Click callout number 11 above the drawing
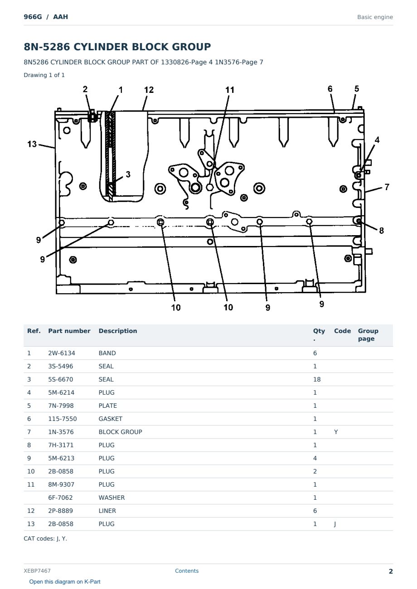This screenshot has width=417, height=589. pyautogui.click(x=230, y=90)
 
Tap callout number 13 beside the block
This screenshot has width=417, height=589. pyautogui.click(x=32, y=144)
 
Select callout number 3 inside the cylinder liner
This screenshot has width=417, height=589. pyautogui.click(x=128, y=174)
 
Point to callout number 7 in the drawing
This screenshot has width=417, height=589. pyautogui.click(x=387, y=187)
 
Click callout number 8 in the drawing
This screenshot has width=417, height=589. pyautogui.click(x=381, y=231)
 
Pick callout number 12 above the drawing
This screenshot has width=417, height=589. pyautogui.click(x=149, y=90)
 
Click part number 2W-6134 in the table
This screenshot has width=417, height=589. pyautogui.click(x=62, y=353)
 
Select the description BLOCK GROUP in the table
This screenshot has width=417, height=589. pyautogui.click(x=120, y=432)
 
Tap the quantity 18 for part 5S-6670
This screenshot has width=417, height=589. pyautogui.click(x=317, y=379)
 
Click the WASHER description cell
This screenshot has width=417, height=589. pyautogui.click(x=112, y=498)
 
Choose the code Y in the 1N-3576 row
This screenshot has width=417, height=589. pyautogui.click(x=336, y=432)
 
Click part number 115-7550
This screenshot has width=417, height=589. pyautogui.click(x=63, y=419)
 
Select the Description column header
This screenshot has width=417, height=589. pyautogui.click(x=118, y=331)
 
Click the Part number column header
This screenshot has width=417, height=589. pyautogui.click(x=69, y=331)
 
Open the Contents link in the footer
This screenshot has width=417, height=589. pyautogui.click(x=187, y=571)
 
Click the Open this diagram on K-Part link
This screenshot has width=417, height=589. pyautogui.click(x=65, y=582)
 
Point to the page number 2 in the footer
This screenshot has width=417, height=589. pyautogui.click(x=391, y=571)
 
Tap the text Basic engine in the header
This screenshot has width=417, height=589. pyautogui.click(x=375, y=17)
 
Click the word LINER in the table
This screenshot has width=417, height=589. pyautogui.click(x=107, y=511)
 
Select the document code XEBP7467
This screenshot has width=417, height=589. pyautogui.click(x=37, y=571)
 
